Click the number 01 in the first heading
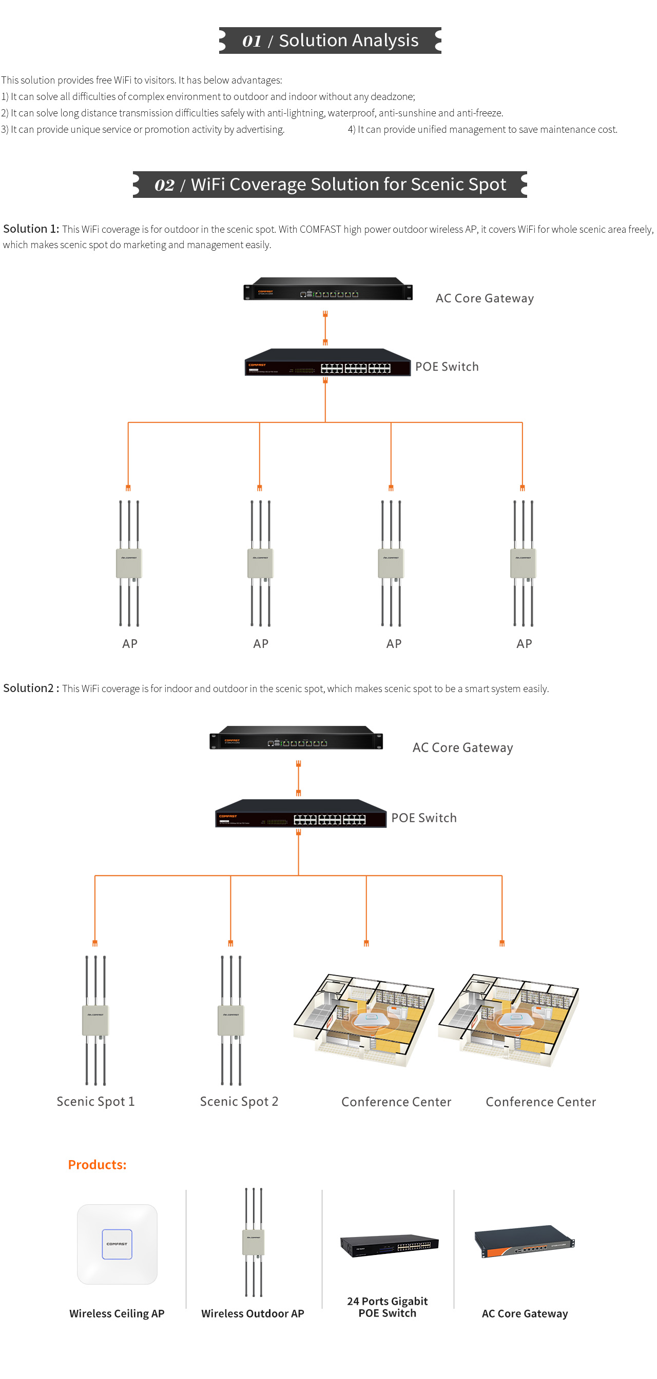coord(252,40)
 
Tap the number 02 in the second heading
coord(164,185)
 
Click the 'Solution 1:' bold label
coord(31,229)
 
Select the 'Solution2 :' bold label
coord(31,688)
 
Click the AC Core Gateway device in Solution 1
coord(327,289)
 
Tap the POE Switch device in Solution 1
coord(327,363)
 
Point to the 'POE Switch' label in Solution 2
coord(423,818)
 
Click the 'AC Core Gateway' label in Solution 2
coord(462,747)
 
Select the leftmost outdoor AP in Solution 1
coord(129,563)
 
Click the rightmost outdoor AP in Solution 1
coord(523,563)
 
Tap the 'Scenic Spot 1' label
coord(95,1101)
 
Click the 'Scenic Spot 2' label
coord(239,1101)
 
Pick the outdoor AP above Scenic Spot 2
coord(231,1020)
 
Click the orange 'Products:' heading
coord(97,1164)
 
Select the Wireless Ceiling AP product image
coord(117,1244)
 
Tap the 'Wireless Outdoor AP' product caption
coord(253,1313)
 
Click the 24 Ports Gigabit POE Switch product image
coord(389,1245)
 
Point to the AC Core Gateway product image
coord(524,1241)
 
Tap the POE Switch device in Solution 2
coord(300,814)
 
